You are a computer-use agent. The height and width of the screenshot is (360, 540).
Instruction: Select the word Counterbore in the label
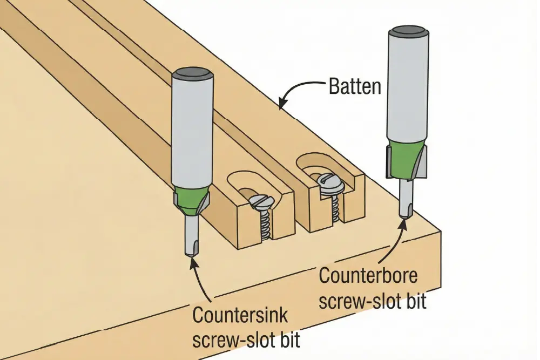(x=368, y=276)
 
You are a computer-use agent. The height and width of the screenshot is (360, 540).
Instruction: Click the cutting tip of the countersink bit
(x=192, y=251)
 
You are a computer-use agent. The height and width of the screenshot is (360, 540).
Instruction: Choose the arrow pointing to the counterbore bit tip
(x=397, y=243)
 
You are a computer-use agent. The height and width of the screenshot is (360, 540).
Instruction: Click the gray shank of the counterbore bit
(x=408, y=86)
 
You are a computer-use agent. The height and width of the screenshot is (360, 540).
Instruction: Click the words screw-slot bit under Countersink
(x=246, y=341)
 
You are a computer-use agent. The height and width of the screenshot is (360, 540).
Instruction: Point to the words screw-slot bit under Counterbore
(x=373, y=301)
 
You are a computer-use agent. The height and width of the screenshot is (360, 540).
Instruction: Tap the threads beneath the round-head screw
(x=333, y=208)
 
